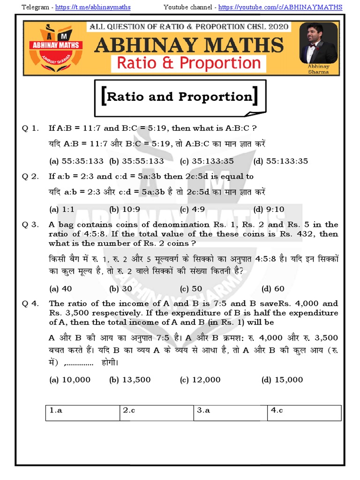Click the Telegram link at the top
[x=93, y=7]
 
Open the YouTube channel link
[x=280, y=7]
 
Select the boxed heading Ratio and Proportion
[x=180, y=97]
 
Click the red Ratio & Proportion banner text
[x=188, y=63]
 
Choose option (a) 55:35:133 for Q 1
[x=76, y=161]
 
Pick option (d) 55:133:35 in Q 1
[x=280, y=161]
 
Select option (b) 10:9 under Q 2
[x=121, y=209]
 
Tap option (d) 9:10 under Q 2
[x=269, y=209]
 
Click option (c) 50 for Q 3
[x=191, y=289]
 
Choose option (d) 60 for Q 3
[x=273, y=289]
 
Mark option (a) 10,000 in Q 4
[x=70, y=380]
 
